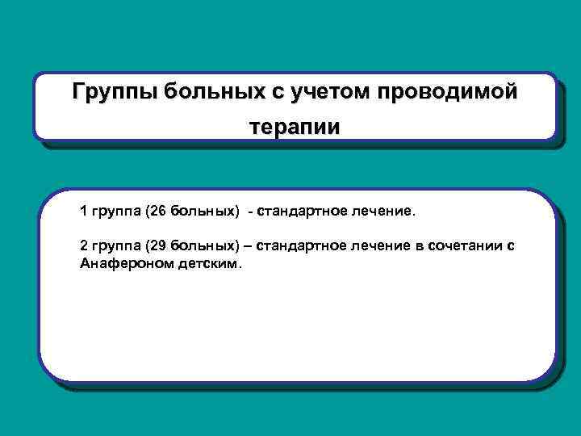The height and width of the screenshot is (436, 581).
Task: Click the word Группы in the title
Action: (114, 92)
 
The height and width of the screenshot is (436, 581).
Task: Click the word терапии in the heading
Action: (295, 128)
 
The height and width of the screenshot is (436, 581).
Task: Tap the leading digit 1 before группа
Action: (84, 212)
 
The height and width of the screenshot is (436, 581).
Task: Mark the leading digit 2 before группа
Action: (84, 245)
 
